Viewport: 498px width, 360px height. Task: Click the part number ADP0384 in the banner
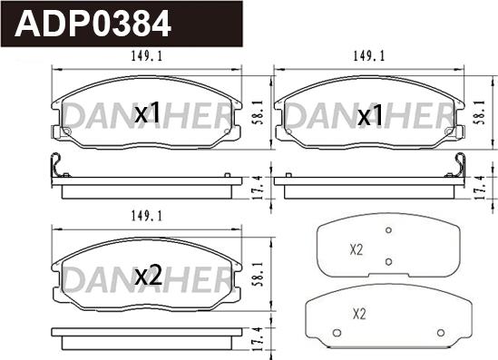coord(93,24)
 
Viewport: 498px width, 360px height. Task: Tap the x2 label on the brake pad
coord(149,276)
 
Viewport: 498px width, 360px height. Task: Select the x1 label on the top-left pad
coord(147,113)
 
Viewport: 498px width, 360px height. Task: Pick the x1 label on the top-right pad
coord(370,115)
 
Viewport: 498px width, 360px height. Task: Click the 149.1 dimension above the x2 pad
coord(146,217)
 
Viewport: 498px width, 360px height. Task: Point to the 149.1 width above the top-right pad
coord(368,56)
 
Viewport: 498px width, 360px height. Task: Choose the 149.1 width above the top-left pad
coord(146,56)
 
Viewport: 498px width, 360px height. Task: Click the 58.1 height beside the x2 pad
coord(259,275)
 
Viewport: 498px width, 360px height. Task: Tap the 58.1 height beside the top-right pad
coord(481,112)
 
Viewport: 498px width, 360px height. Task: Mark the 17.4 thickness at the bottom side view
coord(259,339)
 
